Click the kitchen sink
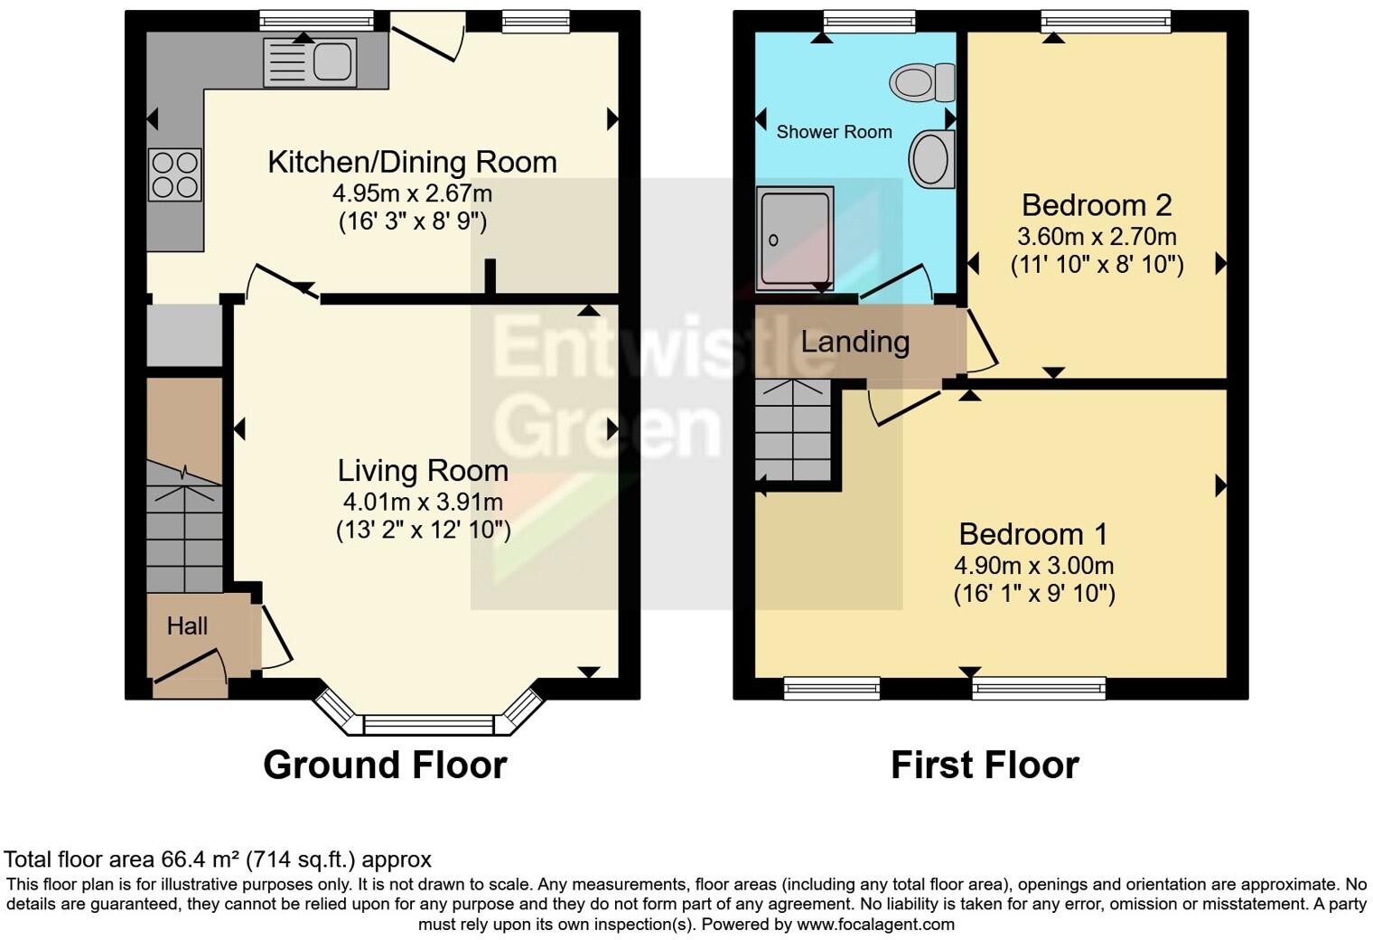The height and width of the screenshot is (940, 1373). coord(310,62)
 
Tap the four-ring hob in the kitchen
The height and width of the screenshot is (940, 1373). coord(174,175)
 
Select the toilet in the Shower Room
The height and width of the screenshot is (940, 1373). coord(922,83)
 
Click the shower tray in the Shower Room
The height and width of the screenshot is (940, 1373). coord(794,239)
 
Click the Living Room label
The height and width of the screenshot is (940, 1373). coord(423,471)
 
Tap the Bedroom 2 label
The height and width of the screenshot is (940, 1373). coord(1096,205)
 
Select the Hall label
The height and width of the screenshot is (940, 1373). coord(187,625)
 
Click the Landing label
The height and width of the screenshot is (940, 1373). coord(855,342)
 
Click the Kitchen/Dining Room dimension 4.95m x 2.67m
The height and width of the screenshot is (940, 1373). coord(412,193)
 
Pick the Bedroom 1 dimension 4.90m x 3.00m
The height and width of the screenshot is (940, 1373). coord(1033,566)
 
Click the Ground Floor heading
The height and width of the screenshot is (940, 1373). coord(385,765)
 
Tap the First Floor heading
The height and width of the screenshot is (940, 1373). coord(985,765)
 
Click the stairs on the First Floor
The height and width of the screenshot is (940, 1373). coord(792,430)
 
